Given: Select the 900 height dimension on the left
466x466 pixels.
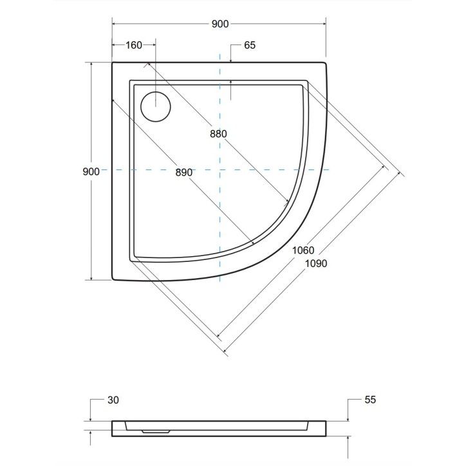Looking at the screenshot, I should pyautogui.click(x=91, y=171).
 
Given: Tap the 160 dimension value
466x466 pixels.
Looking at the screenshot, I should pyautogui.click(x=133, y=45).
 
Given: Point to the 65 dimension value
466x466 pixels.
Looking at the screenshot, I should pyautogui.click(x=250, y=45).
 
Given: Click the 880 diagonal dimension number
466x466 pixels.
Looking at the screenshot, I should pyautogui.click(x=218, y=134).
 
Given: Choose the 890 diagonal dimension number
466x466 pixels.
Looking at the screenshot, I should pyautogui.click(x=183, y=172).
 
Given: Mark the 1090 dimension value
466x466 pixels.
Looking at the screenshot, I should pyautogui.click(x=315, y=263).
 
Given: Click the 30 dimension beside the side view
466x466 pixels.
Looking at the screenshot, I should pyautogui.click(x=113, y=400).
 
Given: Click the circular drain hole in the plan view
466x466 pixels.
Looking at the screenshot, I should pyautogui.click(x=155, y=106).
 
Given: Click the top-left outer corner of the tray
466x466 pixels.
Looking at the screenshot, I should pyautogui.click(x=113, y=62).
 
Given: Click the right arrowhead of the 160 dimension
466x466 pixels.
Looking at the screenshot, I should pyautogui.click(x=153, y=45).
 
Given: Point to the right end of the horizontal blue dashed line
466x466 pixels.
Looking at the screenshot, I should pyautogui.click(x=330, y=170).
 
